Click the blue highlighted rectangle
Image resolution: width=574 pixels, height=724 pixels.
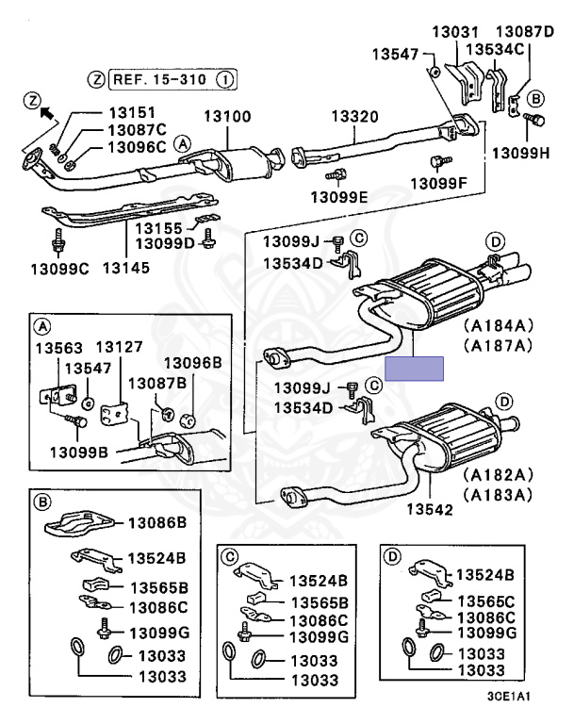tap(415, 368)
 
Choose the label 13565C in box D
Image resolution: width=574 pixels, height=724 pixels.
tap(485, 601)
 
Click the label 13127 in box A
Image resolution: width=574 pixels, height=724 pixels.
tap(118, 346)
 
